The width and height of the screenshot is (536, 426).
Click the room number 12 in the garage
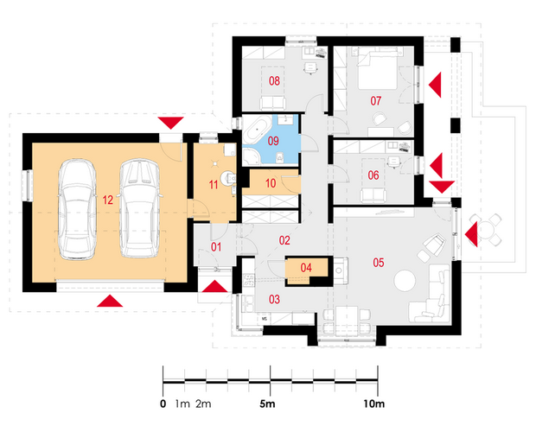[x=108, y=200]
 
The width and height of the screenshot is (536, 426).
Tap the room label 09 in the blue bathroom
[x=273, y=141]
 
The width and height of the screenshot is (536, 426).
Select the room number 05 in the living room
[x=379, y=263]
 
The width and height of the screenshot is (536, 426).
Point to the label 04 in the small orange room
[x=306, y=268]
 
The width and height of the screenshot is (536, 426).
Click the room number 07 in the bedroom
[x=376, y=101]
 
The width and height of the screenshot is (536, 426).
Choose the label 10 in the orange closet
[x=271, y=183]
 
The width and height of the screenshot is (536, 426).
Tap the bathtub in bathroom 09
[x=256, y=130]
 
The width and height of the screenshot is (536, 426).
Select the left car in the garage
[x=77, y=209]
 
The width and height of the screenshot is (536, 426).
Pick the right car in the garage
[x=139, y=208]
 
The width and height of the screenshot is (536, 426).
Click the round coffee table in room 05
[x=405, y=281]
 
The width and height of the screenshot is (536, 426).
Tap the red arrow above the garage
[x=170, y=123]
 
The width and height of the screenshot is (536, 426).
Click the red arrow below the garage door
[x=110, y=301]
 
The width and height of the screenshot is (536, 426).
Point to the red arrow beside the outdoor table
[x=471, y=234]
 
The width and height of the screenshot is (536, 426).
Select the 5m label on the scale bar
[x=267, y=404]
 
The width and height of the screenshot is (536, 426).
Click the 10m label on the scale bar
[x=374, y=404]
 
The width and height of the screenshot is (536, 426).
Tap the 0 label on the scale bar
[x=163, y=404]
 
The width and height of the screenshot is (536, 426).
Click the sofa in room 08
[x=273, y=103]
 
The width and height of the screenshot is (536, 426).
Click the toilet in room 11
[x=228, y=178]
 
